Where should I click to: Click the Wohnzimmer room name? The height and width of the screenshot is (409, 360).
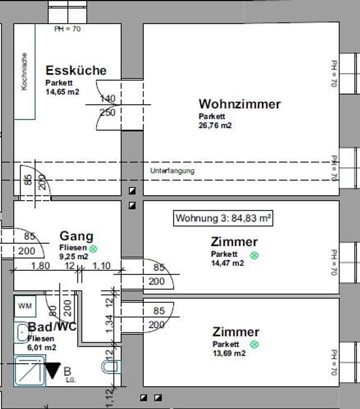240,104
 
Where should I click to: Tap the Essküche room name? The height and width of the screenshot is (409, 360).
76,70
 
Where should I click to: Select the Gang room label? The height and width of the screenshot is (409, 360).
77,237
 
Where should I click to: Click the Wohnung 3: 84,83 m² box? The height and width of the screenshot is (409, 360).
223,218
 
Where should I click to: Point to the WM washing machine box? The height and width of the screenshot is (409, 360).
25,306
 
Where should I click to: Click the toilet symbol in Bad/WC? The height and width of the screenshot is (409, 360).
111,367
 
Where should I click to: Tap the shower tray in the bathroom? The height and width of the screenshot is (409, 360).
29,371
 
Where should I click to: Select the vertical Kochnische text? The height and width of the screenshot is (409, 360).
24,72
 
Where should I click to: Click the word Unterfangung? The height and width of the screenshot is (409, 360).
172,171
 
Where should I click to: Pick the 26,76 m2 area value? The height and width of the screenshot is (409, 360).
215,126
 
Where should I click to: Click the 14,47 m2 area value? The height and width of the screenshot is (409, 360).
228,263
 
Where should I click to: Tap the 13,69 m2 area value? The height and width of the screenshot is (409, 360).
229,353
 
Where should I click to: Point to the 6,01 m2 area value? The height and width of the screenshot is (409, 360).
42,347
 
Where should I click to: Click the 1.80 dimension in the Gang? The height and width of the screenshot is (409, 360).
40,266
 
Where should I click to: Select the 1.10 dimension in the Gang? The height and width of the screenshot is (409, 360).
102,266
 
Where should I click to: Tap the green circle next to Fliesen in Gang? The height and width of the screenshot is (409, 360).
93,249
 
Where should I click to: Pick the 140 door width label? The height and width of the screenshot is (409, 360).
108,99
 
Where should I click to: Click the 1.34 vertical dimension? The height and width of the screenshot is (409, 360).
110,324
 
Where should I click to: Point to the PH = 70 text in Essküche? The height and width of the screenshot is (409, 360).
67,29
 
